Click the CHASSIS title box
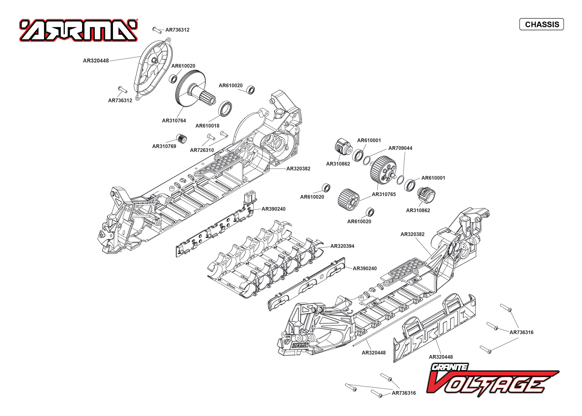click(x=541, y=24)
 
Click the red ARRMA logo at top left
click(x=78, y=30)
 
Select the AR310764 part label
click(x=174, y=121)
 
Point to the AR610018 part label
click(x=207, y=126)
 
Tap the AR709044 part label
click(x=400, y=148)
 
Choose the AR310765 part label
click(x=384, y=194)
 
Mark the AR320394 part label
click(x=342, y=246)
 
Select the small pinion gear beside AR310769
click(x=181, y=139)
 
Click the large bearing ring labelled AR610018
click(x=225, y=109)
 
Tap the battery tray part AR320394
click(x=264, y=259)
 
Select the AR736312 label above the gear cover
click(x=177, y=30)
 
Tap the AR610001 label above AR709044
click(x=369, y=140)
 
